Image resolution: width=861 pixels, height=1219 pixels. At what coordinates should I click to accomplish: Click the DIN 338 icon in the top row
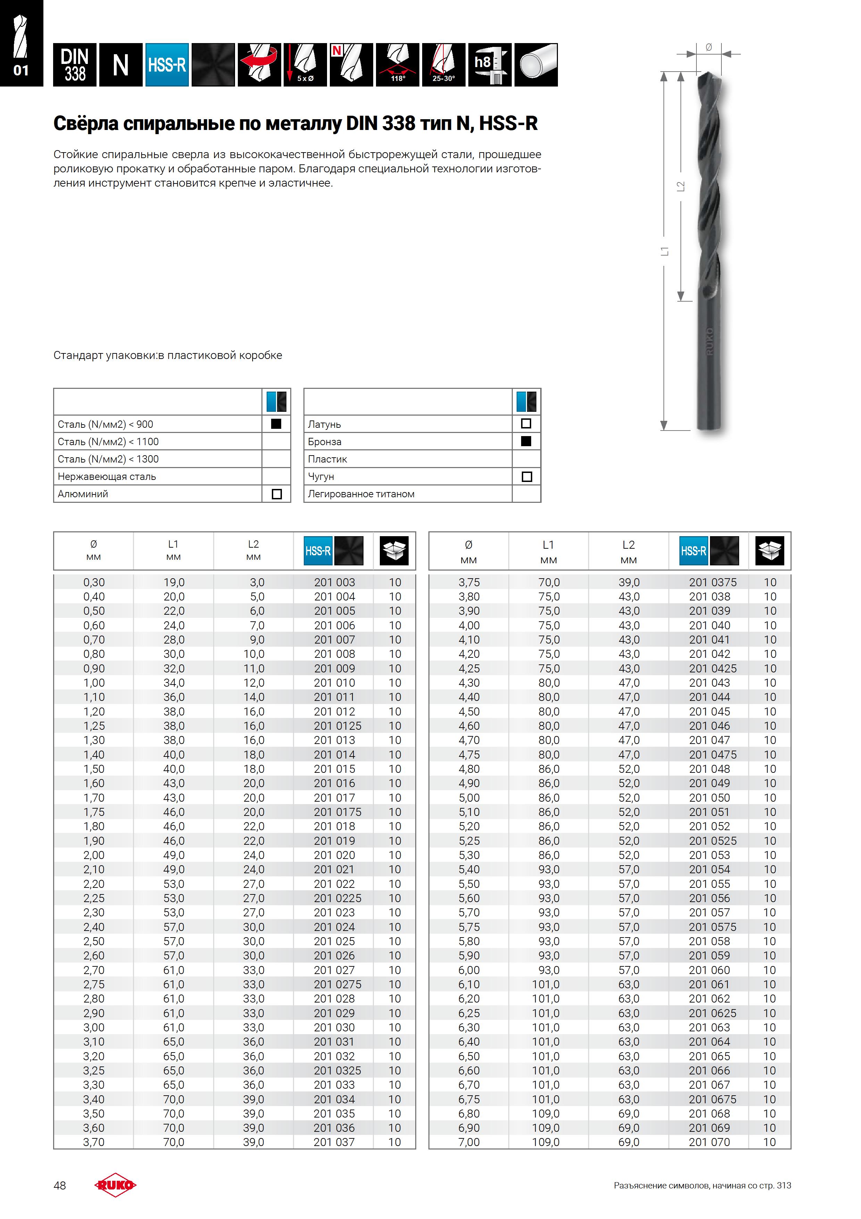click(75, 65)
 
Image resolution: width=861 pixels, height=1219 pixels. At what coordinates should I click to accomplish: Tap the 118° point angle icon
click(397, 65)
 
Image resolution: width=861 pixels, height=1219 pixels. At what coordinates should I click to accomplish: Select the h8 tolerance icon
click(490, 65)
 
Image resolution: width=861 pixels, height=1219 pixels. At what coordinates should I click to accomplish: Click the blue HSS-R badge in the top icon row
click(167, 65)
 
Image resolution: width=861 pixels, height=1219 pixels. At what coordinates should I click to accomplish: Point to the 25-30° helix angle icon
click(443, 65)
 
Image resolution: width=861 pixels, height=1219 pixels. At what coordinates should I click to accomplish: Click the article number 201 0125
click(337, 726)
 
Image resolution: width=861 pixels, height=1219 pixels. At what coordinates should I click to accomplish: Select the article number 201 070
click(709, 1142)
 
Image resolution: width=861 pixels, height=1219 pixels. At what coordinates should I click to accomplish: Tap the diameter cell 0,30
click(94, 582)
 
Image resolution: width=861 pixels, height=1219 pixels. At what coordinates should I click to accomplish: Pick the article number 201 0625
click(712, 1013)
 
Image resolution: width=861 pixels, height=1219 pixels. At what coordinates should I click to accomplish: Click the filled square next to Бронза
click(526, 441)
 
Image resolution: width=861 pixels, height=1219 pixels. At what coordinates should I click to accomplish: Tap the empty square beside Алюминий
click(276, 494)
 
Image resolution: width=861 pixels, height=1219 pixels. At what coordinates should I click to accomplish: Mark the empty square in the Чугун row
click(526, 476)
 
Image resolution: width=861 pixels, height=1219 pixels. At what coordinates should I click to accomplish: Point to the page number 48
click(60, 1186)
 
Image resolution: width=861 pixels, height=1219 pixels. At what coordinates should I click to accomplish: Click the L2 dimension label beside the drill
click(680, 186)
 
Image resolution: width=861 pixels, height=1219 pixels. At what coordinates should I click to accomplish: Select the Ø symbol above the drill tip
click(709, 47)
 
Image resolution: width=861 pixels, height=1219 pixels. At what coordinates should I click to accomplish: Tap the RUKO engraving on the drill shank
click(710, 341)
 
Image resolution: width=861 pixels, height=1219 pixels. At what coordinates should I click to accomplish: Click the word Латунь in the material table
click(324, 424)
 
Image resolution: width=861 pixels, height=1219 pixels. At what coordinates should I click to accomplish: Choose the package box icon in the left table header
click(394, 550)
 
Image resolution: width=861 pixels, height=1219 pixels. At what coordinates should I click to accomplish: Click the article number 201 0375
click(712, 582)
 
